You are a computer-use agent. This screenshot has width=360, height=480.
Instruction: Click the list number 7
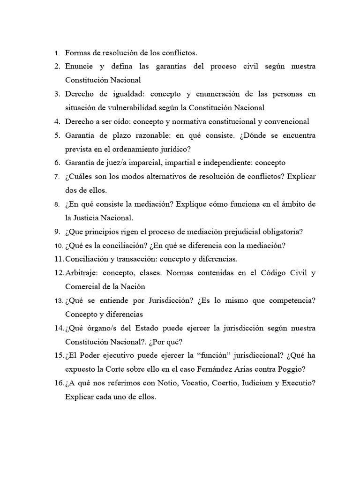coord(57,177)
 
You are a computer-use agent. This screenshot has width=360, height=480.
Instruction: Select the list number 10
coord(58,246)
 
